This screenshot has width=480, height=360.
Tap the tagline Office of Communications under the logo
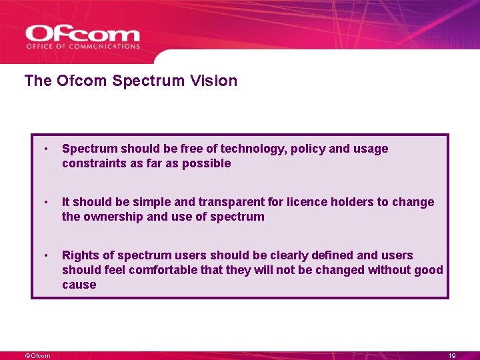pos(83,47)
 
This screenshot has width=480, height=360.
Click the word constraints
pos(91,163)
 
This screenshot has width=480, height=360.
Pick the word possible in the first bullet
pos(208,163)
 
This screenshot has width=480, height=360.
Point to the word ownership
pos(113,217)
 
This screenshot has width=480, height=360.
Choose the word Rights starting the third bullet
pos(80,255)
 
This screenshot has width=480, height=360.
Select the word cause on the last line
pos(79,285)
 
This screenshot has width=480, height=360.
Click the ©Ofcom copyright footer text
pos(37,356)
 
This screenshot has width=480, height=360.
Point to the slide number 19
pos(452,356)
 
